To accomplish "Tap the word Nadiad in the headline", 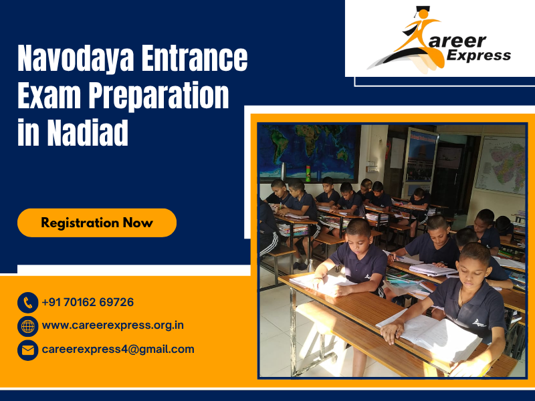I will click(87, 132).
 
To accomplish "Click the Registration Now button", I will click(97, 223).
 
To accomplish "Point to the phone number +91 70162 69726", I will click(88, 302).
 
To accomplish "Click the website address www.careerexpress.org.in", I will click(112, 325).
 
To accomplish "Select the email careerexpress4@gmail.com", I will click(118, 349).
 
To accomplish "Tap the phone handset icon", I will click(27, 303).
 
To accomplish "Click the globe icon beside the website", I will click(27, 326).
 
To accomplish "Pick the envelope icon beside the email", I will click(27, 350).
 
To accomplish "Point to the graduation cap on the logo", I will click(421, 11).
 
